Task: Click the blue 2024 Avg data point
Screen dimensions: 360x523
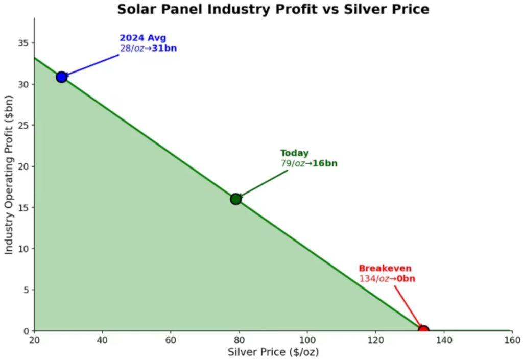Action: point(62,77)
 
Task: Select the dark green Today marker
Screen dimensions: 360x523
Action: point(235,199)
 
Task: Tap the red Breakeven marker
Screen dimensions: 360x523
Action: point(423,330)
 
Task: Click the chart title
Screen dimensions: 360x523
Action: point(273,9)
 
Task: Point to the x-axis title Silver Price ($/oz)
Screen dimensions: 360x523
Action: point(273,352)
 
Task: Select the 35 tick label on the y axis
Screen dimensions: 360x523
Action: point(23,43)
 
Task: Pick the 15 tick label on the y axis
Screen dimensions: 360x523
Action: point(23,207)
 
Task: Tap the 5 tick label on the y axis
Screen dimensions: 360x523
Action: point(26,290)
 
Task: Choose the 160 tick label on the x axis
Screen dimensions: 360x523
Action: point(512,341)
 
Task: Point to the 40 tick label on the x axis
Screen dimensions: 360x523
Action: point(102,341)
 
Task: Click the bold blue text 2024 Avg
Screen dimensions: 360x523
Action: point(143,38)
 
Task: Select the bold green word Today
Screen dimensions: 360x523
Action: point(295,153)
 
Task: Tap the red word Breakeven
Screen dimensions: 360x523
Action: point(385,269)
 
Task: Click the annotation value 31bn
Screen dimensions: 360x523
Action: point(164,49)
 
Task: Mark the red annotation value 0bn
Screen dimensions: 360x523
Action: point(406,279)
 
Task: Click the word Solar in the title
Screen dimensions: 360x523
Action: point(134,9)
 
